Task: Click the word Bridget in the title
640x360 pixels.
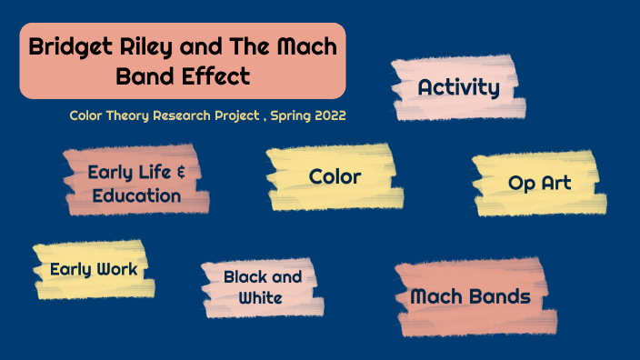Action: [70, 47]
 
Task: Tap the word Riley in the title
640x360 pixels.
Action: [150, 47]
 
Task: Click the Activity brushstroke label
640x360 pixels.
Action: [458, 88]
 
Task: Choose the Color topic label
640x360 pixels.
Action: [335, 176]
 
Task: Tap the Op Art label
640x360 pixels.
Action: [539, 184]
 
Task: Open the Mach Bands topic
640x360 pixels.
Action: [470, 296]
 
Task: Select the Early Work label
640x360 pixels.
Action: [94, 269]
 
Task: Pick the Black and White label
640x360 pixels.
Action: [262, 287]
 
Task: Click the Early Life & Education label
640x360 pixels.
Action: [136, 183]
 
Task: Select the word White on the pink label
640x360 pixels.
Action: [262, 298]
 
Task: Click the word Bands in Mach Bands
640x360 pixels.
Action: [499, 296]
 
